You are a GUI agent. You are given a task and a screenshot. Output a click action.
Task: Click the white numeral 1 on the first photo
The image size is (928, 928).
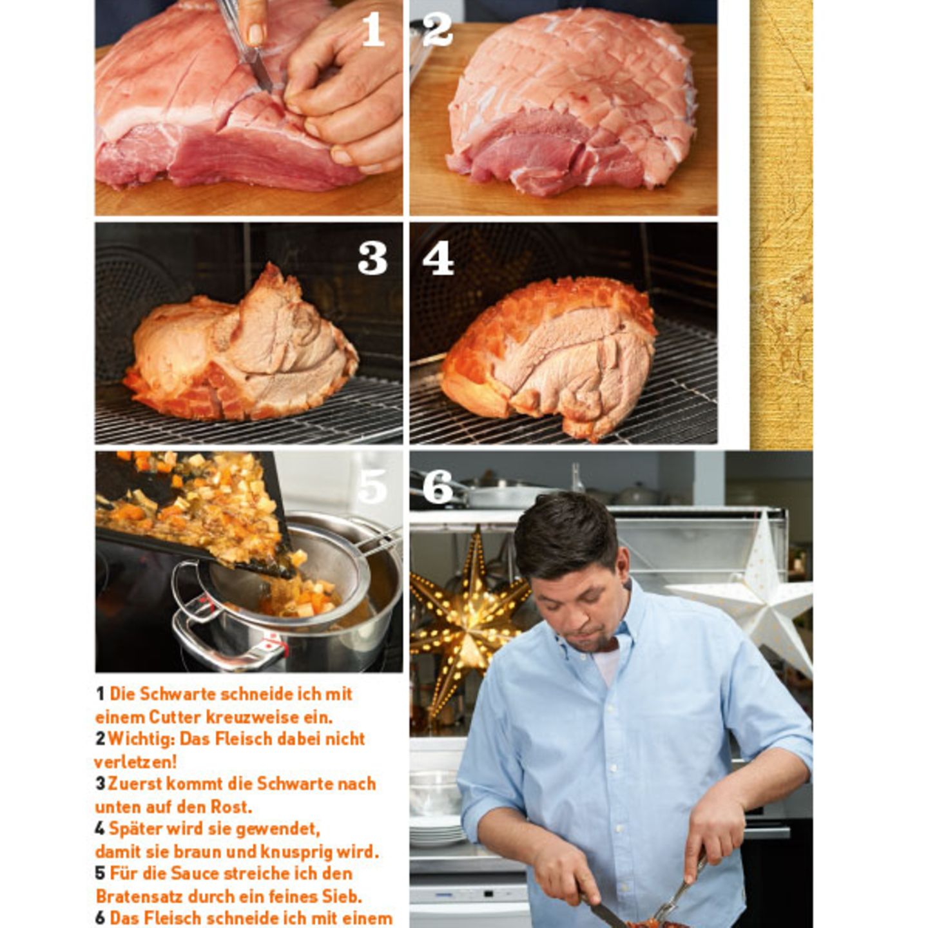(x=372, y=29)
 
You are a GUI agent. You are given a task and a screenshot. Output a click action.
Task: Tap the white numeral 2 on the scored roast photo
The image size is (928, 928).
(x=438, y=29)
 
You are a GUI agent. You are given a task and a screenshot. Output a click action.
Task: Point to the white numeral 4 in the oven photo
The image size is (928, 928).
(x=438, y=259)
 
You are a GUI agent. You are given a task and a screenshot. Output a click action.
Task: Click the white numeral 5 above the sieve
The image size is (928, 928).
(x=372, y=487)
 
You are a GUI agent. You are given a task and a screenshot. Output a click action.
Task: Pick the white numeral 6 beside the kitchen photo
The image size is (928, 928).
(x=438, y=487)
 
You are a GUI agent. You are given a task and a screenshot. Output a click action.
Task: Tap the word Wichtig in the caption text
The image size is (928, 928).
(x=136, y=739)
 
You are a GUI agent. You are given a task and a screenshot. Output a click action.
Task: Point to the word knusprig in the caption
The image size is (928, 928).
(x=300, y=851)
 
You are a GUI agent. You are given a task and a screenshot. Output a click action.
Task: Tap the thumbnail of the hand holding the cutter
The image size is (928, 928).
(x=256, y=32)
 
